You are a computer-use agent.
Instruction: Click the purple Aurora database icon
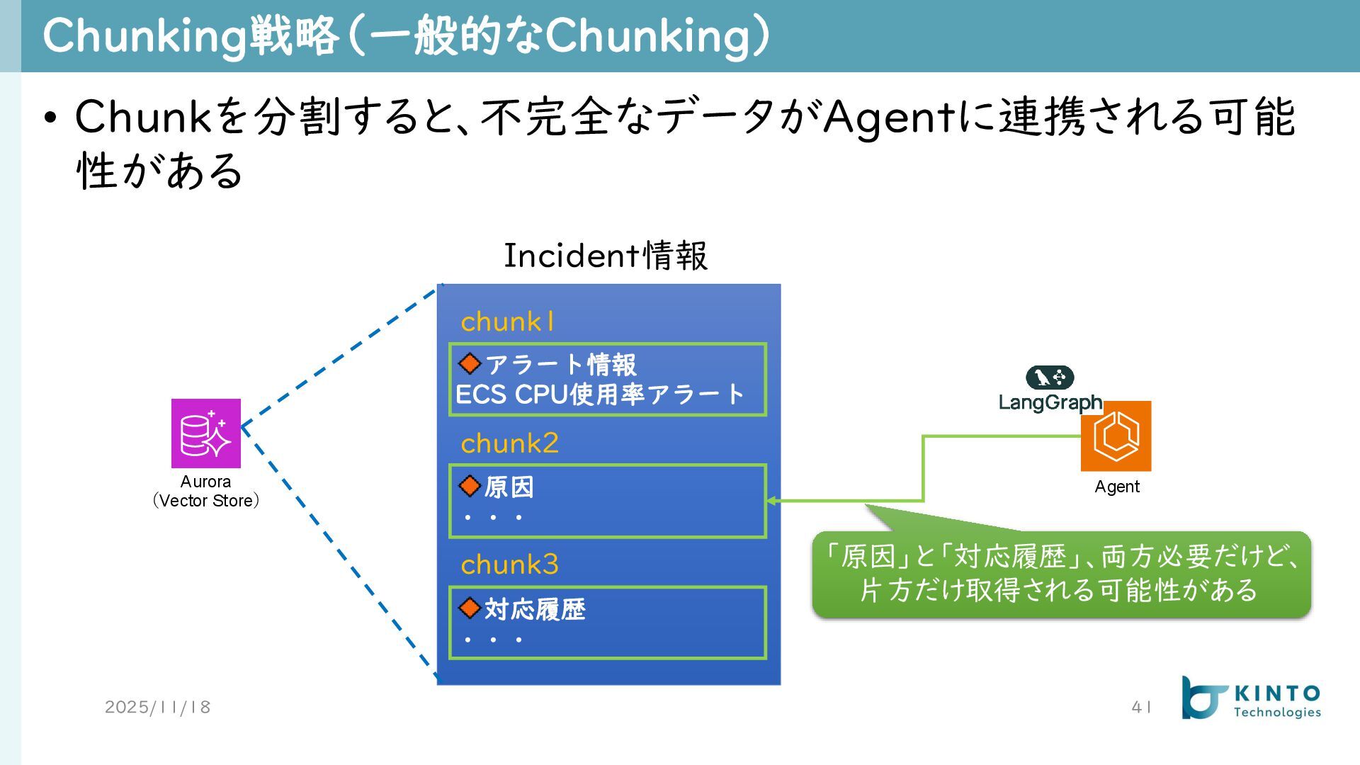click(x=206, y=433)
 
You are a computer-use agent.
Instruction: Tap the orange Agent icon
click(x=1116, y=436)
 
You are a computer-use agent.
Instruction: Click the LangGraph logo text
click(x=1050, y=402)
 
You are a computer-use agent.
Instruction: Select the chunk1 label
click(x=507, y=322)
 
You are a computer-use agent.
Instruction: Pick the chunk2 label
click(x=509, y=443)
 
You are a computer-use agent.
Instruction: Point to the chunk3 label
click(x=509, y=565)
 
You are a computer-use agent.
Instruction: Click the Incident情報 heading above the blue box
click(x=605, y=256)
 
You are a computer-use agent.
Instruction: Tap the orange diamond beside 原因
click(x=470, y=486)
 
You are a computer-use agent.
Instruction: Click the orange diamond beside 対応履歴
click(x=470, y=608)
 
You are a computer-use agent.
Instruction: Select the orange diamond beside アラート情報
click(x=470, y=364)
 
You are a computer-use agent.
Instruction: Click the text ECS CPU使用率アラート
click(x=599, y=395)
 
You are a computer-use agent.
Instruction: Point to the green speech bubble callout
click(x=1061, y=574)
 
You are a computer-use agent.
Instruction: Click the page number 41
click(x=1141, y=707)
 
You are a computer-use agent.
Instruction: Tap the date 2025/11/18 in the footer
click(x=157, y=707)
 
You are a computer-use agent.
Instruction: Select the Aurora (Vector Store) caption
click(x=206, y=491)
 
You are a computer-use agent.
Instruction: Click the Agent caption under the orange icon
click(x=1116, y=487)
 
